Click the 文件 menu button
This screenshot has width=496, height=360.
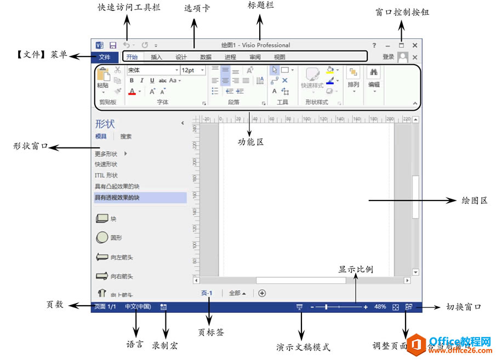104,56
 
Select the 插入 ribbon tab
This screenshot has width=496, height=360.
157,56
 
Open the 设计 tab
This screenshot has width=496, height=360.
181,56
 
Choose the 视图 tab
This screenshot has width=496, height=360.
280,56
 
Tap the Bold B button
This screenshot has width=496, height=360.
132,81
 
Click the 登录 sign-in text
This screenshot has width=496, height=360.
388,56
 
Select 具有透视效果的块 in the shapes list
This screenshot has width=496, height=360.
117,197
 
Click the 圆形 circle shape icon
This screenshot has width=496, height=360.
102,238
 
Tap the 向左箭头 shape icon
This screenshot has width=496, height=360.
102,257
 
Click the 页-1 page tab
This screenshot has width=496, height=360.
207,293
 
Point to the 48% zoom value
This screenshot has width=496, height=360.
380,307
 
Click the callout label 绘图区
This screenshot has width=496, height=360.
475,201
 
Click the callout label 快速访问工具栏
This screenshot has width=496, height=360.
126,9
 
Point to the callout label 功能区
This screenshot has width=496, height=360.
250,142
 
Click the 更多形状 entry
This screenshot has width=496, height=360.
106,154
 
